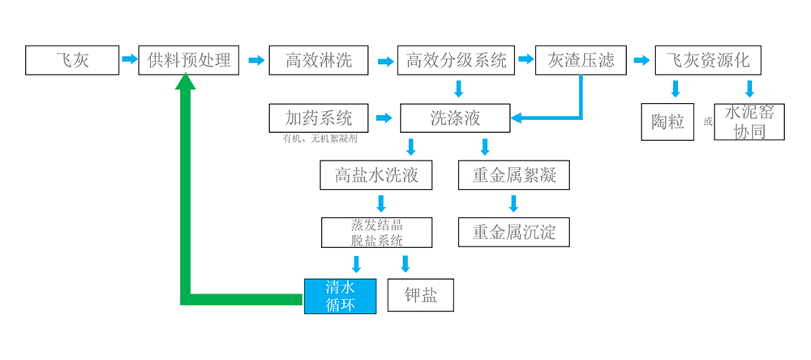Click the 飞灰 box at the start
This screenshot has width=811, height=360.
coord(71,60)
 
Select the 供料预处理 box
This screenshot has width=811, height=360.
coord(189,60)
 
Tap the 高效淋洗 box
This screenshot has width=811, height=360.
coord(319,60)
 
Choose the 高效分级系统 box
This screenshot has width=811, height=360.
coord(456,60)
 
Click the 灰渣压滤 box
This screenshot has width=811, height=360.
coord(581,60)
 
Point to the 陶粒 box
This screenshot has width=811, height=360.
coord(667,122)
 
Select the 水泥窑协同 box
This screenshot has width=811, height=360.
coord(749,122)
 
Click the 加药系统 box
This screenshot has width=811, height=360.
coord(319,118)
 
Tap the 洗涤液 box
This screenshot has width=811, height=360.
coord(455,118)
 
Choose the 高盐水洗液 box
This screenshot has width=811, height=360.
coord(376,175)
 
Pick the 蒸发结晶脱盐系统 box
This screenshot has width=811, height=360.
coord(376,232)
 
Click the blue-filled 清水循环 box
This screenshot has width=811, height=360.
coord(340,296)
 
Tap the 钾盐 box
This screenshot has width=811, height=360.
coord(421,296)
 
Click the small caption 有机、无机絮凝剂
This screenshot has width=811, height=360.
coord(320,139)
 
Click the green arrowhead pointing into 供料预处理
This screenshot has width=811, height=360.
coord(187,81)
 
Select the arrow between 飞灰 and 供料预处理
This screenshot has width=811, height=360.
coord(129,59)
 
